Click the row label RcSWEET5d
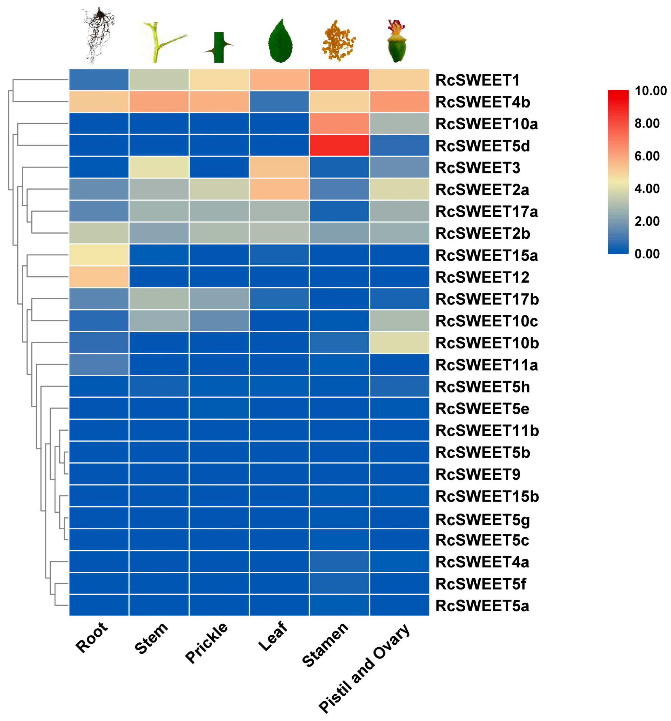[x=482, y=146]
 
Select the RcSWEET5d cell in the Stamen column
[x=339, y=145]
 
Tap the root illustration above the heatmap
[x=99, y=35]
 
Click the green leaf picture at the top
[x=280, y=41]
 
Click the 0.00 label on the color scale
[x=647, y=254]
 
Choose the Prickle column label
[x=207, y=642]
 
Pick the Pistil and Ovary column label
[x=364, y=667]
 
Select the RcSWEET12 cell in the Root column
[x=99, y=277]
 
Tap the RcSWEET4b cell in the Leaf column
[x=279, y=102]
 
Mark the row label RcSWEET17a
[x=486, y=211]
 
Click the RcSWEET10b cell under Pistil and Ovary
[x=399, y=342]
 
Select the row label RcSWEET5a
[x=482, y=606]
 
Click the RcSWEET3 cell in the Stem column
[x=159, y=167]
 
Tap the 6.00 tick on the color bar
[x=647, y=156]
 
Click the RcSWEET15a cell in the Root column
[x=99, y=255]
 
